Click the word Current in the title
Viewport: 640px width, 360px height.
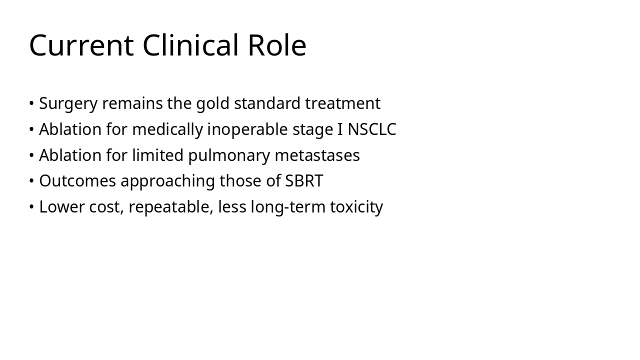[81, 45]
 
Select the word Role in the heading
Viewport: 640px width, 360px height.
[276, 45]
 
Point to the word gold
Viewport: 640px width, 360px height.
[213, 104]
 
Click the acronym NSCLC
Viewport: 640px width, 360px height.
[371, 129]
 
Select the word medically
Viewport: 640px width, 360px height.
[167, 130]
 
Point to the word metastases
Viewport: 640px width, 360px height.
[317, 155]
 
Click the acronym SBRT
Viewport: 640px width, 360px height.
[304, 181]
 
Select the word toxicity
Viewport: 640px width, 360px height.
[356, 207]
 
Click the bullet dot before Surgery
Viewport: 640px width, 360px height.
[31, 104]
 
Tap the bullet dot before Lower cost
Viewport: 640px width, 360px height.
[31, 207]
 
